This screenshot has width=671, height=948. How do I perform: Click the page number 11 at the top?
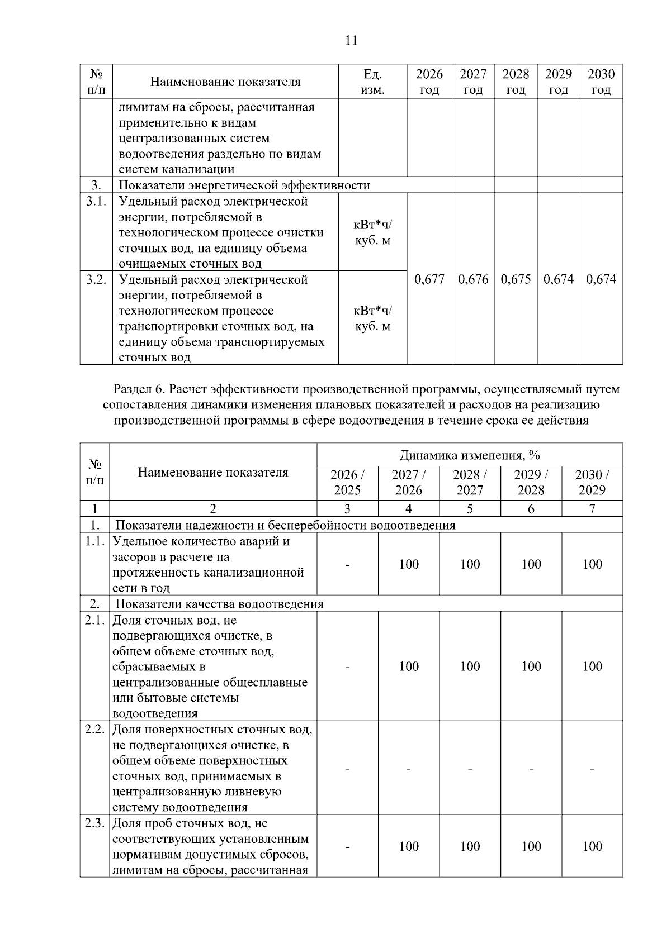point(351,40)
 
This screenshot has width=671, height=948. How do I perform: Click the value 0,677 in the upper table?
point(429,279)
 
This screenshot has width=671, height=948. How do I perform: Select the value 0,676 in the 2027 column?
point(473,279)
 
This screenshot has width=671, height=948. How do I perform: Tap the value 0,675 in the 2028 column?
point(516,279)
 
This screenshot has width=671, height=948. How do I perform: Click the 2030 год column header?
point(601,82)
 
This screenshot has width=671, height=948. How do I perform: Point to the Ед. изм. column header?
point(372,82)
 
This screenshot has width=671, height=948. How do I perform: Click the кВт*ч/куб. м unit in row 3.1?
point(372,232)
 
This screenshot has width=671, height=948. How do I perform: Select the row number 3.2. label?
point(96,279)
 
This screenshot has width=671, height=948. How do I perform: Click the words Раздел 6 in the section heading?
point(137,388)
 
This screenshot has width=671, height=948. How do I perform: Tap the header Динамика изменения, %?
point(470,455)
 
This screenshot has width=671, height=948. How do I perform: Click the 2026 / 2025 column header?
point(347,482)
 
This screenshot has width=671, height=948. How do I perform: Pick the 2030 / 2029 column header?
point(592,482)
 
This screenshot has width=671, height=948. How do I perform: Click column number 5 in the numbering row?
point(470,508)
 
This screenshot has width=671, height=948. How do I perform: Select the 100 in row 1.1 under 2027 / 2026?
point(409,564)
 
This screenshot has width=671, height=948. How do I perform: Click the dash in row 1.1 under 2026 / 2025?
point(348,565)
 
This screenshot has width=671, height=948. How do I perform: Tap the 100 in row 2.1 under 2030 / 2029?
point(592,666)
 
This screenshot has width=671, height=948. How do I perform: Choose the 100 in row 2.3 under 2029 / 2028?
point(531,846)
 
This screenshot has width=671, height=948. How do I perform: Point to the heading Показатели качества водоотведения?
point(219,604)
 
